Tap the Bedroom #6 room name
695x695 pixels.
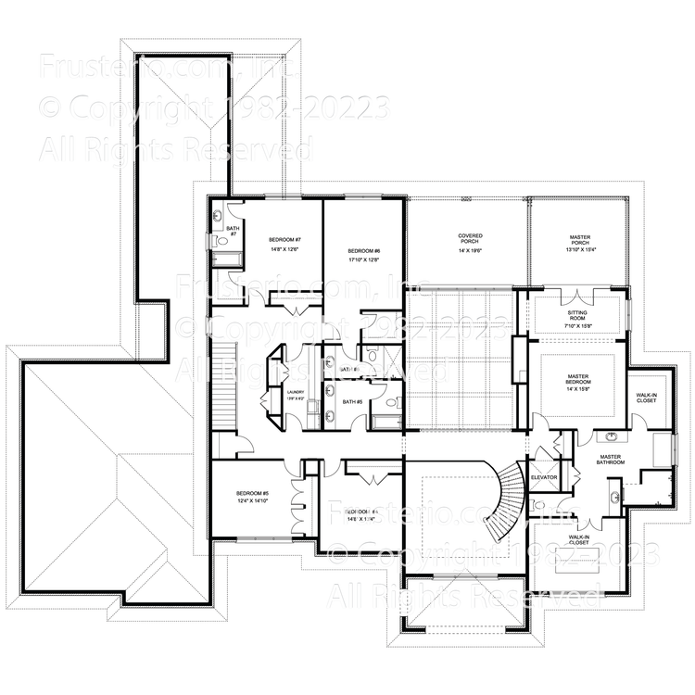coord(363,251)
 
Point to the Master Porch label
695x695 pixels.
coord(579,237)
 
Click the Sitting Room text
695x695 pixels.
coord(584,314)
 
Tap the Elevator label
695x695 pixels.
coord(543,477)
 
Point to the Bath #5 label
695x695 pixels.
coord(351,401)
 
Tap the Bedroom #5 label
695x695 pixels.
coord(251,493)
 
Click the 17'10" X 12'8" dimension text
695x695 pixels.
coord(363,260)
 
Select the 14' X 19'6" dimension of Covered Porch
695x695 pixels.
coord(470,247)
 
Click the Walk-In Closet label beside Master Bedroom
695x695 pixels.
coord(647,397)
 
